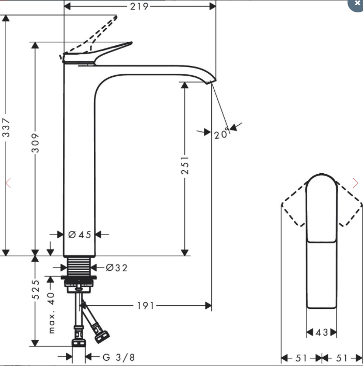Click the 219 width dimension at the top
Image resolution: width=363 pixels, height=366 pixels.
(139, 6)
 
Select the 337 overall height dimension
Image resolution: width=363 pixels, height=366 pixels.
(6, 127)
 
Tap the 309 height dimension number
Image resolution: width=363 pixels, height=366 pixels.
(35, 143)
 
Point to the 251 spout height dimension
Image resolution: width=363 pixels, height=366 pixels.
(185, 165)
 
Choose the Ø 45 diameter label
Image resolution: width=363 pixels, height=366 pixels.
(80, 235)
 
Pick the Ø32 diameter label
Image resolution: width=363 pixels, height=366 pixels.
(117, 268)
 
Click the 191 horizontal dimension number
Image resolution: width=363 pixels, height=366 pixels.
(146, 306)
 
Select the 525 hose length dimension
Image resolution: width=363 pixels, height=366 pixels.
(35, 289)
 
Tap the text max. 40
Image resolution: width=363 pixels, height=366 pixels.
(51, 313)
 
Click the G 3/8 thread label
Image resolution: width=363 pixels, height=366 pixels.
(119, 357)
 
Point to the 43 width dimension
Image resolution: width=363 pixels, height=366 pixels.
(322, 332)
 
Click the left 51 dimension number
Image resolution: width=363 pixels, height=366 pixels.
(301, 358)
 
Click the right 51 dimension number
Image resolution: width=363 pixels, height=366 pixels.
(341, 358)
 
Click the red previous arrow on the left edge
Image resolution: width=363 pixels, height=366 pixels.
(8, 183)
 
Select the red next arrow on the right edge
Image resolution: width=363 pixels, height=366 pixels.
(355, 183)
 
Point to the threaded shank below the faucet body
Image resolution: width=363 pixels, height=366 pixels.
(79, 267)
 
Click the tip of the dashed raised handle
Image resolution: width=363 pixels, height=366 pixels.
(116, 16)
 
